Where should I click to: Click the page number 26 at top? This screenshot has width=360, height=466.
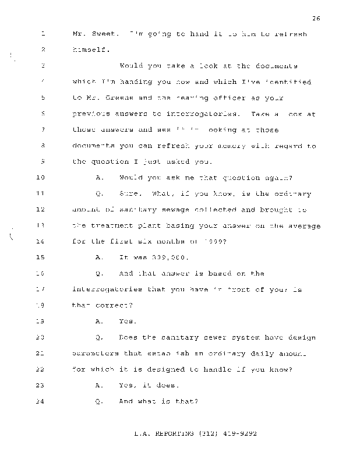316,19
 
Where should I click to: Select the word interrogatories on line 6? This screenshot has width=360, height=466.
187,114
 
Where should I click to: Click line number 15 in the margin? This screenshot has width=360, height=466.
40,257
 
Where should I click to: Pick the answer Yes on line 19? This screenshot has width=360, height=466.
127,321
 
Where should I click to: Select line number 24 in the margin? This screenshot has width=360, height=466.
40,401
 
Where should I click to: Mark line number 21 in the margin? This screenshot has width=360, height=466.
40,354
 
